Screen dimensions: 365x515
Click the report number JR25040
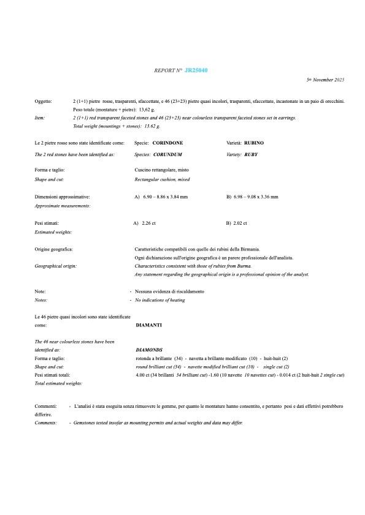[196, 70]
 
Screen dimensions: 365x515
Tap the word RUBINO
[254, 142]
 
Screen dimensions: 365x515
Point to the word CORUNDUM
[167, 155]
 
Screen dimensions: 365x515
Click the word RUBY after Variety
[251, 155]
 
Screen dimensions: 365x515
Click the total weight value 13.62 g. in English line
[152, 126]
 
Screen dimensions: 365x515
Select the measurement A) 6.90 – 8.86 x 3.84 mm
[161, 197]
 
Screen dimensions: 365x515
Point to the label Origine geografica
[53, 249]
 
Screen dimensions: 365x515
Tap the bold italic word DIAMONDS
[149, 350]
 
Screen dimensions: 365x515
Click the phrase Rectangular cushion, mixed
[162, 180]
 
